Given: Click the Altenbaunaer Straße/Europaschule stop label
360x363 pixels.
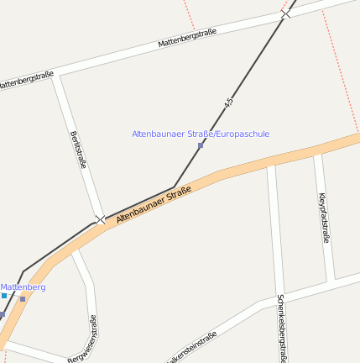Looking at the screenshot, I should click(x=201, y=134).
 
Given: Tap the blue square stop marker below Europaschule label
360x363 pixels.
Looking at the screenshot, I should click(x=201, y=145).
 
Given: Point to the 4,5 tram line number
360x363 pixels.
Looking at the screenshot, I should click(x=228, y=103).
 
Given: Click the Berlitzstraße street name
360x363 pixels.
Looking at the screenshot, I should click(x=79, y=150).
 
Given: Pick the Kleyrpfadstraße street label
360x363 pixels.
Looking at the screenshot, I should click(x=324, y=218).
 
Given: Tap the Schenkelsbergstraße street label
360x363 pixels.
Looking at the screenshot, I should click(x=282, y=328).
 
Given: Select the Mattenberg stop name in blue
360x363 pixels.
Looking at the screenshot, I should click(x=23, y=287).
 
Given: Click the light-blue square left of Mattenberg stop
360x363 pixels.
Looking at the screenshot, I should click(x=4, y=296).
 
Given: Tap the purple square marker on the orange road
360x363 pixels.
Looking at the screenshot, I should click(x=23, y=298).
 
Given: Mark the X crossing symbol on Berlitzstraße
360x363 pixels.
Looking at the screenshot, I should click(x=101, y=219).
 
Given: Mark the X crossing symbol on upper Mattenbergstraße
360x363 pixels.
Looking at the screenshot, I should click(x=285, y=14).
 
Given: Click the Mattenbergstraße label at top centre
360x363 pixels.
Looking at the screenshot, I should click(x=187, y=38).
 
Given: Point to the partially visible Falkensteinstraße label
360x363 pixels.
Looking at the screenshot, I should click(x=193, y=346).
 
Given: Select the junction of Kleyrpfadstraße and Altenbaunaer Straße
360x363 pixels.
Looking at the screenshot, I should click(x=317, y=152).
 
